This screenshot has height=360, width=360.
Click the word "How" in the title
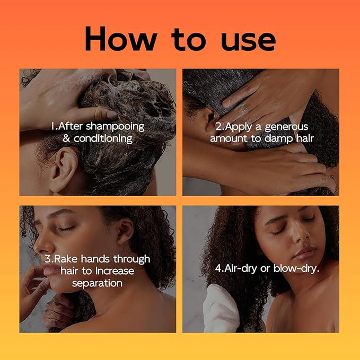tap(121, 38)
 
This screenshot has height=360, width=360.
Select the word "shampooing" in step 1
tap(115, 127)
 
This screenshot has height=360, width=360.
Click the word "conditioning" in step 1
tap(103, 139)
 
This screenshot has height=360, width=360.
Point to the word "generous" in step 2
tap(286, 127)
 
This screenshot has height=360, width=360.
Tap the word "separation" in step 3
tap(98, 283)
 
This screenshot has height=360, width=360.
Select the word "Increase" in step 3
tap(115, 271)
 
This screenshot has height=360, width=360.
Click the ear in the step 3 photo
tap(125, 231)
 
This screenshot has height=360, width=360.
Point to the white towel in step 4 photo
tap(221, 308)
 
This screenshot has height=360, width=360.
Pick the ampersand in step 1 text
tap(66, 138)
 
